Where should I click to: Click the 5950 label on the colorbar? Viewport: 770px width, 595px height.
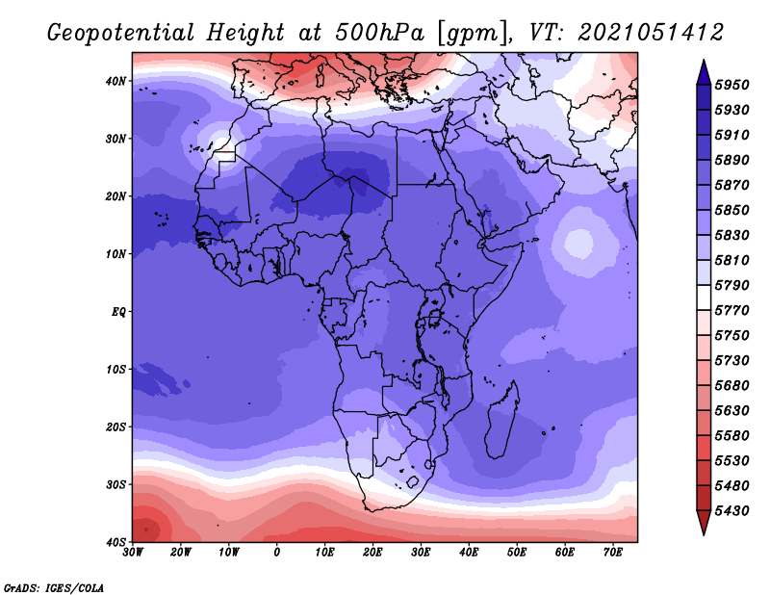click(731, 85)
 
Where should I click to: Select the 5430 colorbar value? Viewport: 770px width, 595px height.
click(731, 511)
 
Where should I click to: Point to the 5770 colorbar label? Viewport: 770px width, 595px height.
click(731, 311)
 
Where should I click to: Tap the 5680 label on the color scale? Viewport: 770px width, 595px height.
click(731, 386)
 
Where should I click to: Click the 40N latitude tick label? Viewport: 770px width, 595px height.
click(115, 81)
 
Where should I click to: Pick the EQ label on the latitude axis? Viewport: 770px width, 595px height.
click(118, 312)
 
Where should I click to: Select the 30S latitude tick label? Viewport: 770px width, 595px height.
click(115, 485)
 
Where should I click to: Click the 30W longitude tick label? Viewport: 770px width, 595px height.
click(133, 553)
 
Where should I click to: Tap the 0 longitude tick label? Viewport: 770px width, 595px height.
click(277, 553)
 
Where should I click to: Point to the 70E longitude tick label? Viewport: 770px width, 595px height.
click(613, 553)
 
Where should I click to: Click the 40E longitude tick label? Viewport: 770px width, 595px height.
click(469, 553)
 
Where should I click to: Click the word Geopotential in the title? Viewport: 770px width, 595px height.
click(120, 34)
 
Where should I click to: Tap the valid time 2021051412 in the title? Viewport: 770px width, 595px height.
click(651, 33)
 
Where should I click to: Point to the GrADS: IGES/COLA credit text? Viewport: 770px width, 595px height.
click(54, 587)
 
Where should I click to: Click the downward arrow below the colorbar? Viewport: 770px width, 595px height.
click(704, 523)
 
